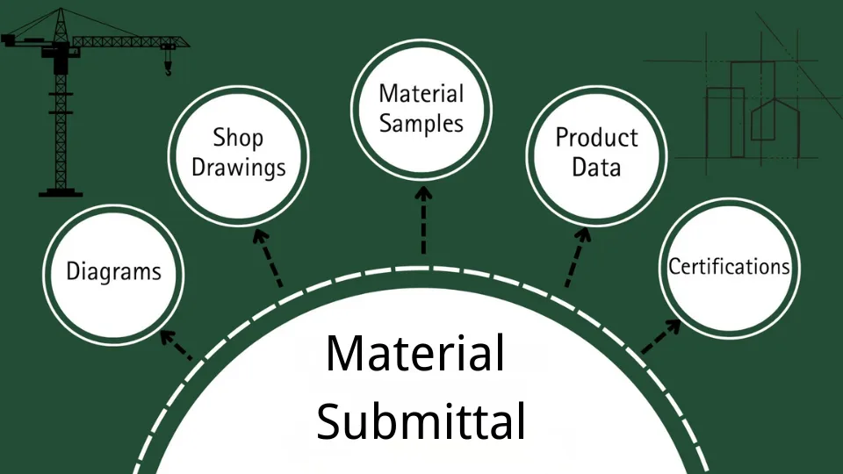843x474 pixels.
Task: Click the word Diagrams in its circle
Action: pyautogui.click(x=114, y=271)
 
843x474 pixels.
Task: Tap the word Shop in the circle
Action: pyautogui.click(x=238, y=138)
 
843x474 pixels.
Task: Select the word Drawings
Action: pyautogui.click(x=239, y=168)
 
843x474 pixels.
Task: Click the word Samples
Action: pyautogui.click(x=421, y=123)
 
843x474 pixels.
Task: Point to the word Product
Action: pyautogui.click(x=596, y=138)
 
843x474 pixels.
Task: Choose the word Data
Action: pyautogui.click(x=596, y=167)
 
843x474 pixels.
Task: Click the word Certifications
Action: pyautogui.click(x=729, y=266)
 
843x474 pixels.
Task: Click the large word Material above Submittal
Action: pyautogui.click(x=415, y=354)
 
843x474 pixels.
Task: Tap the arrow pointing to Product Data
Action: pyautogui.click(x=577, y=258)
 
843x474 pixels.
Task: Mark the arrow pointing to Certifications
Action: pyautogui.click(x=661, y=336)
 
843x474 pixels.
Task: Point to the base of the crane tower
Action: pyautogui.click(x=60, y=189)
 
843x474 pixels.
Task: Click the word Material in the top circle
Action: pyautogui.click(x=421, y=94)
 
